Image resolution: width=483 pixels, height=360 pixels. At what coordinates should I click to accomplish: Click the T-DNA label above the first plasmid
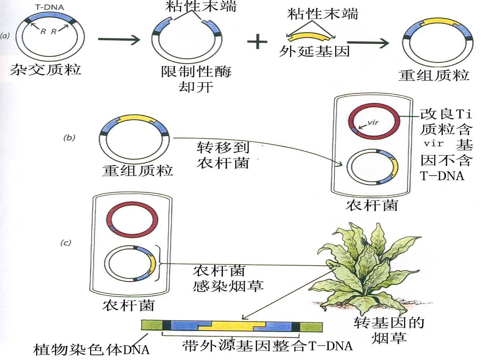tap(49, 7)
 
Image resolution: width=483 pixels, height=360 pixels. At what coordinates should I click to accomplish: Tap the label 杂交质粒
tap(45, 69)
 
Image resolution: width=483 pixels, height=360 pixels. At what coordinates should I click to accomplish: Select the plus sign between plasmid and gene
tap(257, 41)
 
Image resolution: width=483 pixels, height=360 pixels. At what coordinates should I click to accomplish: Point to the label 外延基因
tap(315, 51)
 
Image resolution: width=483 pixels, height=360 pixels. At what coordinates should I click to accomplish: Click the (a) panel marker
tap(5, 36)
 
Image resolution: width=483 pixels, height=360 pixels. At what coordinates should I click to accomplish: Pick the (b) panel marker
tap(69, 138)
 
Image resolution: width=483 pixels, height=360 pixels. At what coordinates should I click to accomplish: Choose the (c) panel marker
tap(66, 243)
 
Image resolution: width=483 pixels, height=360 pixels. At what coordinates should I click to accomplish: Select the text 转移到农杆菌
tap(223, 155)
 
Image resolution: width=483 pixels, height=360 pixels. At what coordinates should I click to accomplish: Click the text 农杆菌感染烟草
tap(228, 279)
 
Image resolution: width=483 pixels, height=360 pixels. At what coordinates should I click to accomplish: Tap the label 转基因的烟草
tap(389, 330)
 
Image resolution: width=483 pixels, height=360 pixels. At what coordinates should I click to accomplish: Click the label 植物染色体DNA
tap(91, 349)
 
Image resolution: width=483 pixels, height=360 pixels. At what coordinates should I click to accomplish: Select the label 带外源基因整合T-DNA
tap(267, 346)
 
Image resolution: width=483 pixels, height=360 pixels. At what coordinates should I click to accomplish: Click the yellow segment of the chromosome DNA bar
tap(231, 326)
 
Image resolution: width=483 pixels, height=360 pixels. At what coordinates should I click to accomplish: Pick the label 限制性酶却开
tap(196, 79)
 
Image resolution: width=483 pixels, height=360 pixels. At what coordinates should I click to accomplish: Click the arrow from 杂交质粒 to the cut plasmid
tap(119, 39)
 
